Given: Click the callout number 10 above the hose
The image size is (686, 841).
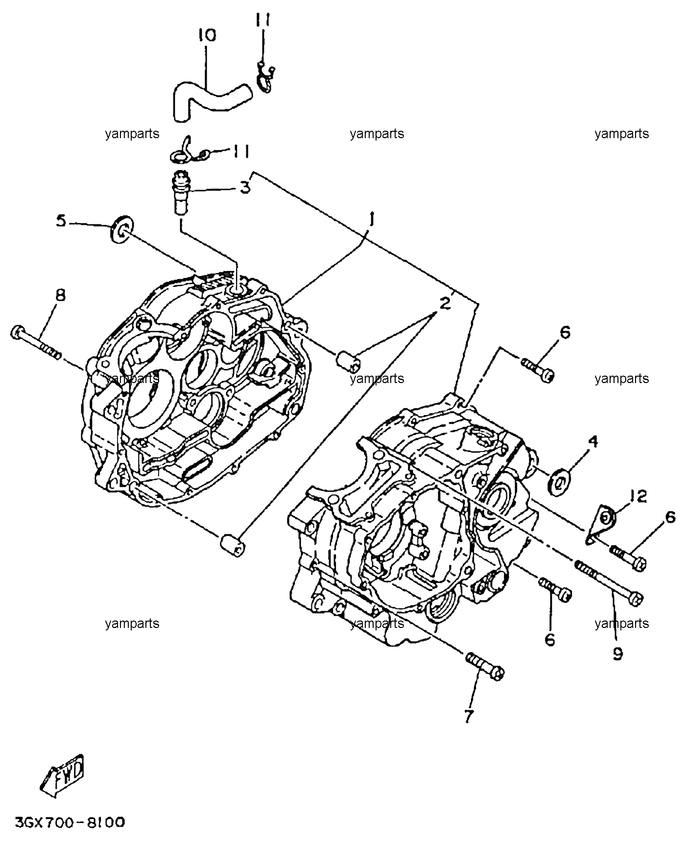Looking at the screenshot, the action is [x=207, y=36].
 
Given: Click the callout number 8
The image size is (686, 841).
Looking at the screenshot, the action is [x=60, y=296].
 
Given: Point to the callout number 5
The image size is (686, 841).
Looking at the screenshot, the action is [x=61, y=221].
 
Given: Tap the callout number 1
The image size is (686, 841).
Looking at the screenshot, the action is [x=372, y=219].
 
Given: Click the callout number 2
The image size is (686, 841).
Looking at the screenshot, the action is [x=444, y=304].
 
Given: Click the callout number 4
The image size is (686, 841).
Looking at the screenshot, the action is [x=592, y=442].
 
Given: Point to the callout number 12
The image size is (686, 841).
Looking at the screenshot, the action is [x=636, y=497].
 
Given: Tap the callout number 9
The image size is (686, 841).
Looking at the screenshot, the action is [x=618, y=653].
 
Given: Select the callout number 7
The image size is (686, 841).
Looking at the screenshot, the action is [x=469, y=717].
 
